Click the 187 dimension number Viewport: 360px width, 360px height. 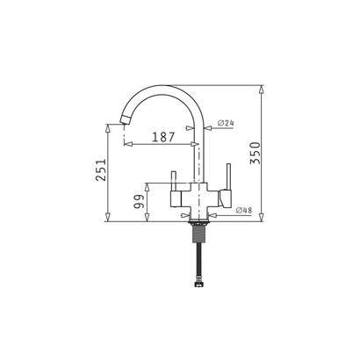point(163,137)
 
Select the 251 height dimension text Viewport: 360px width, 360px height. point(101,170)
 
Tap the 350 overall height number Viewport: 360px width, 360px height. point(255,153)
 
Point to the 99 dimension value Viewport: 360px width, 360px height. point(139,201)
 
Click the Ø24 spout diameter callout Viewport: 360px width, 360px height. point(226,123)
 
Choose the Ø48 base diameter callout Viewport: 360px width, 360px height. point(244,210)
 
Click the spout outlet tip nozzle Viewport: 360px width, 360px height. point(126,119)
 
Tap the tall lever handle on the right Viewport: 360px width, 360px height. point(228,176)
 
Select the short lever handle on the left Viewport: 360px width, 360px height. point(174,181)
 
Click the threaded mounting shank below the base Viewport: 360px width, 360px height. point(199,232)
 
